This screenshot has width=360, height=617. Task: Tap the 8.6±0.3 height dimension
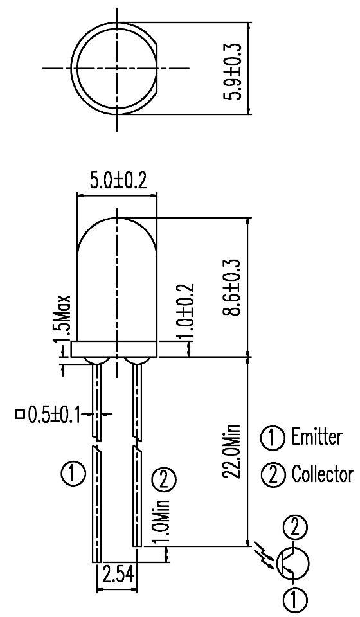(x=233, y=287)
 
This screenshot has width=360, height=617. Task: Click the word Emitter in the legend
(x=317, y=438)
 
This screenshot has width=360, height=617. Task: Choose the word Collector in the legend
(x=322, y=474)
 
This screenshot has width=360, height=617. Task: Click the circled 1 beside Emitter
(x=272, y=438)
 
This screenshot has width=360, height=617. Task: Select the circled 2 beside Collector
(x=272, y=475)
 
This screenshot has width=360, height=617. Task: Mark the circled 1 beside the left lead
(x=73, y=475)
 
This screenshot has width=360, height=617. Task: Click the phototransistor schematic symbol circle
(x=292, y=562)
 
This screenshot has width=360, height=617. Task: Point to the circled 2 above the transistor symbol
(x=294, y=528)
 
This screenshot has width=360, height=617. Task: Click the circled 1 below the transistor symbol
(x=294, y=601)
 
